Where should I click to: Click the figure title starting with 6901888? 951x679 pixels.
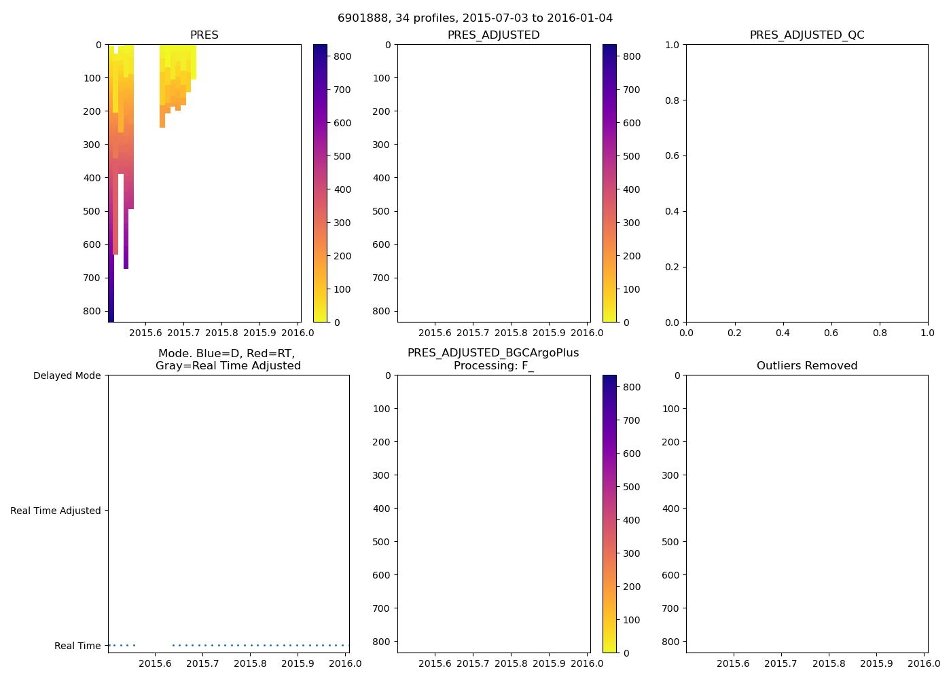475,18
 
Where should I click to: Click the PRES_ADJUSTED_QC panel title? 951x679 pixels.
807,35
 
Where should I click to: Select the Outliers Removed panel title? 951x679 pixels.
807,366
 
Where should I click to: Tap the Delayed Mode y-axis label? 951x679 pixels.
67,375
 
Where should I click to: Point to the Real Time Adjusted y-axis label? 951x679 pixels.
56,511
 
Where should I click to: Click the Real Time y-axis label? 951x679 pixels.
77,646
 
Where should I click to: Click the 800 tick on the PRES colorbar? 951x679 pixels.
342,56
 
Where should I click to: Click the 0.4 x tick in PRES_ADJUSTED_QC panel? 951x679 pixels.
783,333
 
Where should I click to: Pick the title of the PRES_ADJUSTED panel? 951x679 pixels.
493,35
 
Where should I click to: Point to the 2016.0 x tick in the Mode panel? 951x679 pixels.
346,663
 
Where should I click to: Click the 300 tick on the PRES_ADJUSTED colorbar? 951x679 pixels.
631,223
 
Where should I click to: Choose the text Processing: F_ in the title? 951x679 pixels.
493,366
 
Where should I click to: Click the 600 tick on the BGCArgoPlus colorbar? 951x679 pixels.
631,454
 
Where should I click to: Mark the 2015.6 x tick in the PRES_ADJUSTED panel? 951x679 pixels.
435,333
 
